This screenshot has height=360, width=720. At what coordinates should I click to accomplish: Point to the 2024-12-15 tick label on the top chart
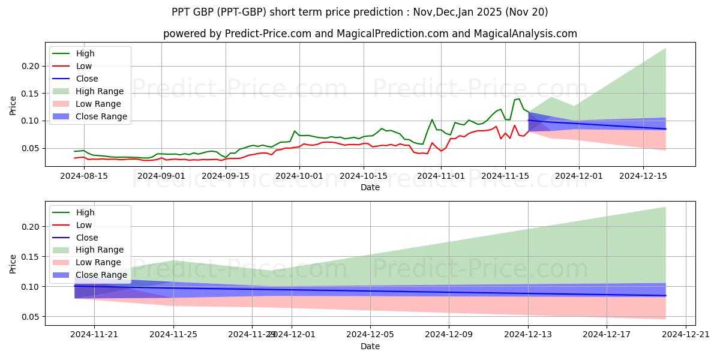pos(643,176)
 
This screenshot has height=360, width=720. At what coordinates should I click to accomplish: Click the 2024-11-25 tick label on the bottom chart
pos(173,335)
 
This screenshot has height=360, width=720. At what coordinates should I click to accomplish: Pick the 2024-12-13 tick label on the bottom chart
pos(528,335)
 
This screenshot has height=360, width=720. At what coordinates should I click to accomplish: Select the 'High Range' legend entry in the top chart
pos(100,91)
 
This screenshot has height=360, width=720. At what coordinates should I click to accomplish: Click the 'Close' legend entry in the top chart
pos(87,79)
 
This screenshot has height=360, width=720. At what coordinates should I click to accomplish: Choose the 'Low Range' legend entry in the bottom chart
pos(98,262)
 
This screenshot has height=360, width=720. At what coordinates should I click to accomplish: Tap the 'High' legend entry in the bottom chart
pos(85,212)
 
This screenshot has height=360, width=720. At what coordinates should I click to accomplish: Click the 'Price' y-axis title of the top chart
pos(13,106)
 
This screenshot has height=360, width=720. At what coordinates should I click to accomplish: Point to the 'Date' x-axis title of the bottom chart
pos(370,346)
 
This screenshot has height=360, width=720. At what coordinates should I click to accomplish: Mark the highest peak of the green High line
pos(518,99)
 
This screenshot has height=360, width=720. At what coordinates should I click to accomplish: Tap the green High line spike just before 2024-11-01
pos(432,119)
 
